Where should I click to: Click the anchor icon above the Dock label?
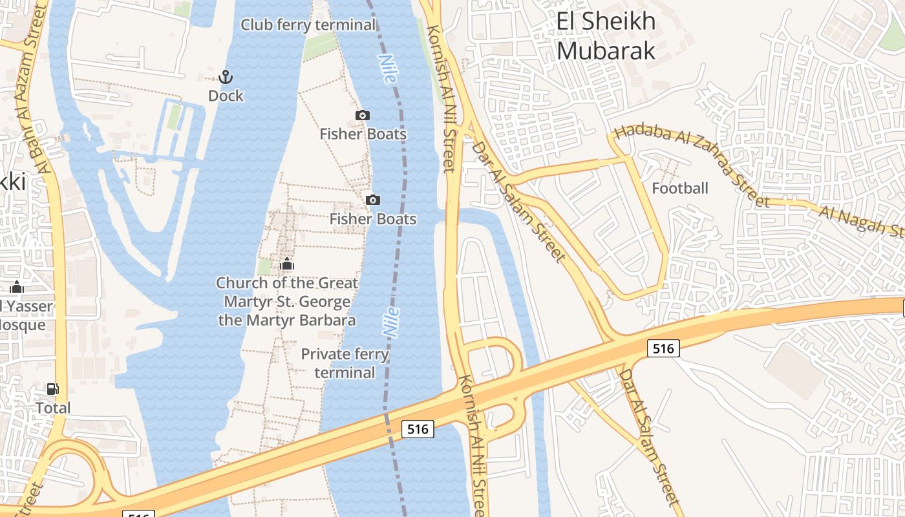pyautogui.click(x=225, y=78)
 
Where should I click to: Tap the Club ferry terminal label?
pyautogui.click(x=308, y=25)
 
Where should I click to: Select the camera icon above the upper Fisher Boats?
pyautogui.click(x=363, y=116)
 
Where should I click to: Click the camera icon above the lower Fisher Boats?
pyautogui.click(x=373, y=200)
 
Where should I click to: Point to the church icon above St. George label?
pyautogui.click(x=287, y=264)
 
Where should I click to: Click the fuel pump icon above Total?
pyautogui.click(x=53, y=389)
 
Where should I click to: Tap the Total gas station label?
pyautogui.click(x=53, y=408)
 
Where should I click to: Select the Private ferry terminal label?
pyautogui.click(x=345, y=363)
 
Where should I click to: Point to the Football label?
pyautogui.click(x=680, y=189)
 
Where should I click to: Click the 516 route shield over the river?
pyautogui.click(x=418, y=429)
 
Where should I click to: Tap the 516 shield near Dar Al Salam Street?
pyautogui.click(x=663, y=349)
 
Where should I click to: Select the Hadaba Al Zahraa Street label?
pyautogui.click(x=692, y=165)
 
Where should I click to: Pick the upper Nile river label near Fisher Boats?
pyautogui.click(x=387, y=69)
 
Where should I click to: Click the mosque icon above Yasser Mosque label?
pyautogui.click(x=17, y=288)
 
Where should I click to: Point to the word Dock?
pyautogui.click(x=226, y=96)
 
